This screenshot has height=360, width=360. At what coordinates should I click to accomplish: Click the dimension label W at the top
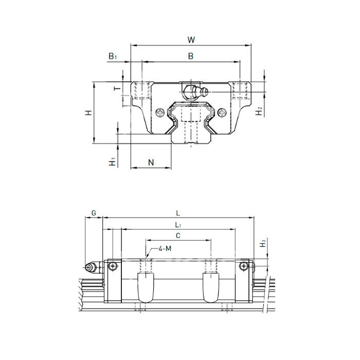click(191, 39)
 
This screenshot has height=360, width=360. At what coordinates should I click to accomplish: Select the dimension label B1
click(112, 56)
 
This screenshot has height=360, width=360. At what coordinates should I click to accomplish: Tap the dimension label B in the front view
click(191, 56)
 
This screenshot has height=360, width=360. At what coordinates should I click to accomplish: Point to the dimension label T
click(117, 88)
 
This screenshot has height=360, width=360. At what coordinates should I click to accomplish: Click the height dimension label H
click(88, 112)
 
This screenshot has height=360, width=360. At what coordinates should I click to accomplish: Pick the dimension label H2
click(260, 111)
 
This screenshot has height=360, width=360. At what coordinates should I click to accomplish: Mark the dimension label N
click(151, 162)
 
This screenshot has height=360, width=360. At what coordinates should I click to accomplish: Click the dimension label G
click(93, 212)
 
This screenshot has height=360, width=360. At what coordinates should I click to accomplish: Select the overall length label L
click(178, 212)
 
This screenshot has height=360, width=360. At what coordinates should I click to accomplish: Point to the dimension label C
click(178, 236)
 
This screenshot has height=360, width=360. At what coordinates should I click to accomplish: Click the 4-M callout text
click(165, 248)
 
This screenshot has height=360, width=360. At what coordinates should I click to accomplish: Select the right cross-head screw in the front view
click(222, 112)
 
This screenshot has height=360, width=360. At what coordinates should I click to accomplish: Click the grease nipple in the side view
click(92, 267)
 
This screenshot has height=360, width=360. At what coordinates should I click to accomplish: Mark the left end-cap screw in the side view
click(113, 265)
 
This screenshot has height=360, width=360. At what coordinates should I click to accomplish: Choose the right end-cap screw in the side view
click(244, 265)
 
